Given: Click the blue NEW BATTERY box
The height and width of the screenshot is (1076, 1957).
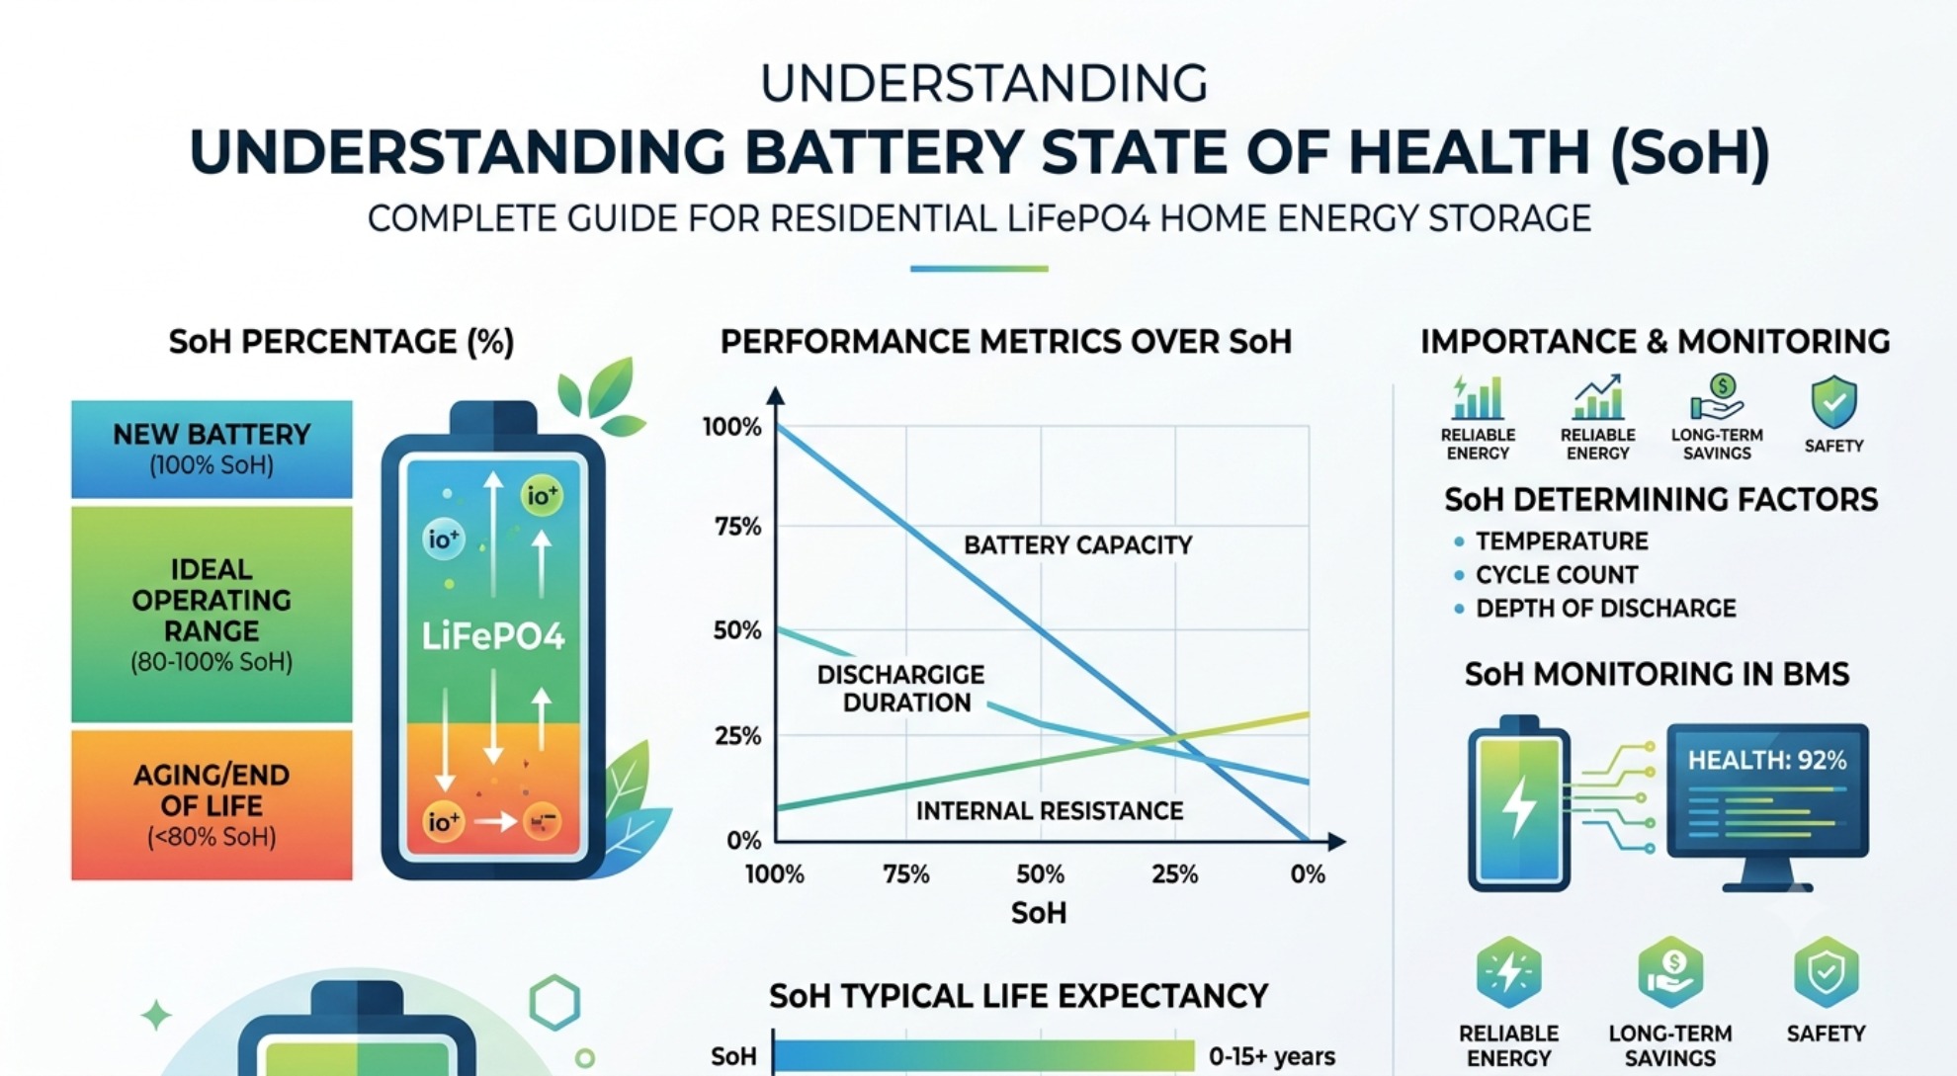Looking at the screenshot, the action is pyautogui.click(x=212, y=449).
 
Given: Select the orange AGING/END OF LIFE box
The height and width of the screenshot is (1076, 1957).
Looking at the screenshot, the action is pyautogui.click(x=212, y=804).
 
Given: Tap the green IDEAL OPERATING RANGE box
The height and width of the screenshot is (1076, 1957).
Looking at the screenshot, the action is pyautogui.click(x=212, y=614).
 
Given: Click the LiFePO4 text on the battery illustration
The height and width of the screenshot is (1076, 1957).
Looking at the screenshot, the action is pyautogui.click(x=493, y=636).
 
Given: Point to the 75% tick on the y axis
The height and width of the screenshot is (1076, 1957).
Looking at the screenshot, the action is pyautogui.click(x=737, y=527).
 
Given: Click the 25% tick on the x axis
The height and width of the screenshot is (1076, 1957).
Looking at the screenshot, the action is pyautogui.click(x=1175, y=874).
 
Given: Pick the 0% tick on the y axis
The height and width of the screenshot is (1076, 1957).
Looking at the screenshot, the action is pyautogui.click(x=743, y=841).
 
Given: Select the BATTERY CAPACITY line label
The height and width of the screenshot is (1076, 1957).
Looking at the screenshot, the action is pyautogui.click(x=1078, y=545).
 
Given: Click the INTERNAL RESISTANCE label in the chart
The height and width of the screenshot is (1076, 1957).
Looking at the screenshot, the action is pyautogui.click(x=1050, y=811).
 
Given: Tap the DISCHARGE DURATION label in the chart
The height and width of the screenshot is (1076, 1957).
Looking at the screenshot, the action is pyautogui.click(x=901, y=689).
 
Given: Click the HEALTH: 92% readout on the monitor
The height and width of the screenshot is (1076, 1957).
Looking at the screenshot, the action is pyautogui.click(x=1767, y=760).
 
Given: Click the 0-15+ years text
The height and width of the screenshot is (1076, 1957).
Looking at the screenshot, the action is pyautogui.click(x=1272, y=1056).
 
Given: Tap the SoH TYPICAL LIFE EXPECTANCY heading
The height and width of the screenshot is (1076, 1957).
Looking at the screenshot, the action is pyautogui.click(x=1019, y=996).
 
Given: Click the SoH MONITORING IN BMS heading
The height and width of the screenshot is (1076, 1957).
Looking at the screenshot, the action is pyautogui.click(x=1657, y=675).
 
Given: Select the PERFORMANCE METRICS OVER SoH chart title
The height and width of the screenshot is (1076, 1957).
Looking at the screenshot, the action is pyautogui.click(x=1006, y=342).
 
